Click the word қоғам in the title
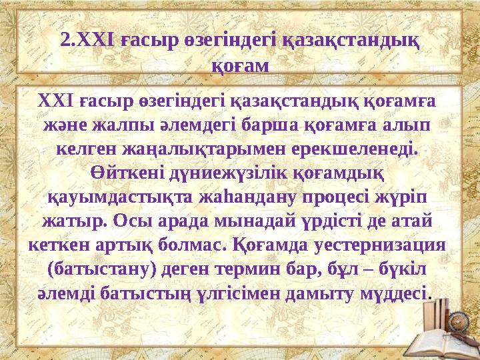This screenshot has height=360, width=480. click(240, 65)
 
